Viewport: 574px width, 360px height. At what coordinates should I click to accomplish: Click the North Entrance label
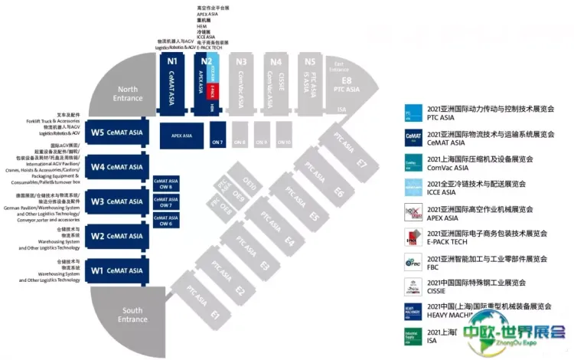(x=127, y=93)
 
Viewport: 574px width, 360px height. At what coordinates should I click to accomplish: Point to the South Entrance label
(x=132, y=315)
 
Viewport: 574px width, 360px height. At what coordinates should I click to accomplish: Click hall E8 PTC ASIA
(x=347, y=83)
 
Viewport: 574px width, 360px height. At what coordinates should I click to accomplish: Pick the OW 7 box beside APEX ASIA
(x=217, y=136)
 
